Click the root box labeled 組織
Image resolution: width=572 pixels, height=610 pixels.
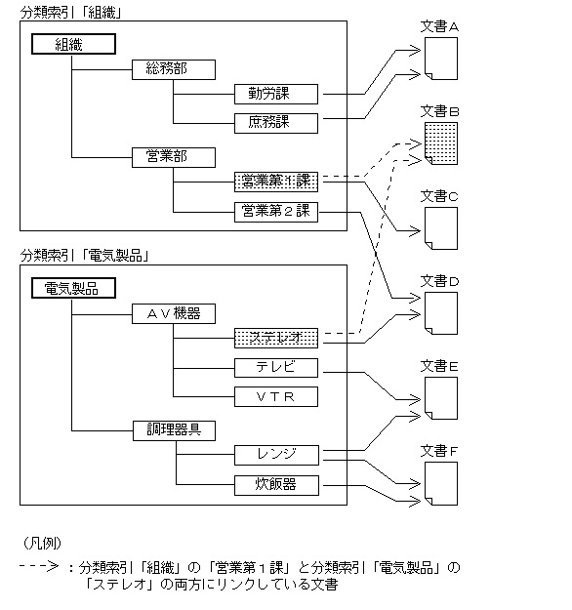(x=73, y=44)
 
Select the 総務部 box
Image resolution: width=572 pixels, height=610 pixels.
(x=174, y=69)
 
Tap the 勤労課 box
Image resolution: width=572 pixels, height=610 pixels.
(x=276, y=94)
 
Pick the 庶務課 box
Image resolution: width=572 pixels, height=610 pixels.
(x=276, y=123)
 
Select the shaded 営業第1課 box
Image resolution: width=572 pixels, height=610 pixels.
(x=276, y=182)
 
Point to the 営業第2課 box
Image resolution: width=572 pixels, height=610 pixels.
(x=276, y=211)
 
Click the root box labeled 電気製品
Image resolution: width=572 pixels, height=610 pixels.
(x=73, y=288)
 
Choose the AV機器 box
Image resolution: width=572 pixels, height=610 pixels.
(x=174, y=313)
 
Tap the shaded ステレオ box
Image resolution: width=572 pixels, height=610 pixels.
(x=276, y=339)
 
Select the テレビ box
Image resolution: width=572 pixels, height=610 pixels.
(x=276, y=368)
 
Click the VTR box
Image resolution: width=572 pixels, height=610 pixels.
(x=276, y=396)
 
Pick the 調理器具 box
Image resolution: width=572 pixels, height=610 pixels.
(x=174, y=429)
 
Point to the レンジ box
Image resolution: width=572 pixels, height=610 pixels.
(x=276, y=455)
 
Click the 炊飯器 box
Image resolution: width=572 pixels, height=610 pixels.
(x=276, y=484)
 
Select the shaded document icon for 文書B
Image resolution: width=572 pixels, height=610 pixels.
(x=440, y=142)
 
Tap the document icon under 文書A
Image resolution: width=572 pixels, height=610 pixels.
(x=440, y=61)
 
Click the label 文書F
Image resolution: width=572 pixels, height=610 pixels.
(x=439, y=451)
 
